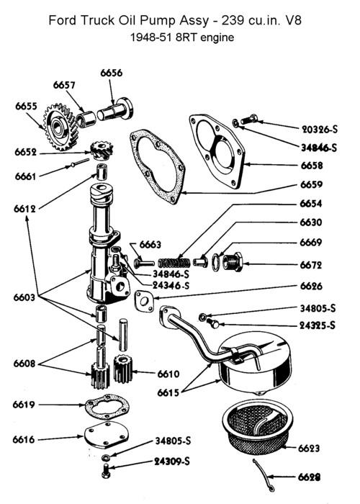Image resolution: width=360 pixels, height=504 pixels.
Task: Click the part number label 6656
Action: (111, 73)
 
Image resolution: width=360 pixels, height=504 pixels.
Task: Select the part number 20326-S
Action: (320, 129)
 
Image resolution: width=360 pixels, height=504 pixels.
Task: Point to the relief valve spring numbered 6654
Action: (174, 262)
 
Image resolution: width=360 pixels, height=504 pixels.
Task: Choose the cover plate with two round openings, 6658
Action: (217, 150)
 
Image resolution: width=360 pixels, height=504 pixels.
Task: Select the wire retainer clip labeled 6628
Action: (264, 476)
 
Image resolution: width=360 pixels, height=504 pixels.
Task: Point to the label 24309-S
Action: (172, 462)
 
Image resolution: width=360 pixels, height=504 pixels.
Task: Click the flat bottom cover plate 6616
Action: (106, 435)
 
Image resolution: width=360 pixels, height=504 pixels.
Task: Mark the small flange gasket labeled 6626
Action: (144, 301)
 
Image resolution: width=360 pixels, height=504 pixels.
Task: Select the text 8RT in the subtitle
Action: (187, 37)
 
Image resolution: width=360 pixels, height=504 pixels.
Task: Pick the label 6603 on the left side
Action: (24, 297)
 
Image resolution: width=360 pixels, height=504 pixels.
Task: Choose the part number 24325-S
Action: (318, 325)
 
